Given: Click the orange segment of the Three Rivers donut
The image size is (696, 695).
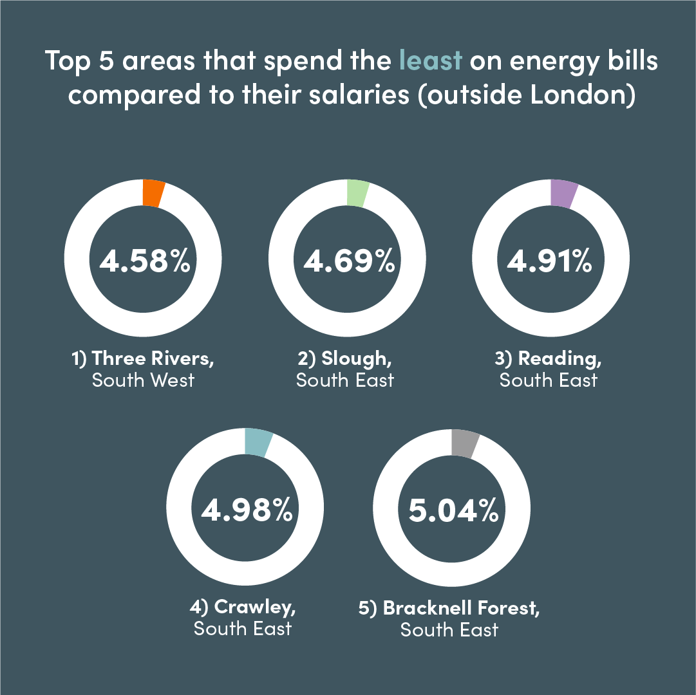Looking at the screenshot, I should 153,193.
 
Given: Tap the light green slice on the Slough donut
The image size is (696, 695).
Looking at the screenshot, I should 357,193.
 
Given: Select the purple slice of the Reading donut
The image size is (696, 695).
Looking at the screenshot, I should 563,194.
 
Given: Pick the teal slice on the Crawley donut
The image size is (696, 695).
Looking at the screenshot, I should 257,443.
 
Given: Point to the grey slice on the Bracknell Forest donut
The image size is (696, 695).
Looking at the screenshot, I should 464,443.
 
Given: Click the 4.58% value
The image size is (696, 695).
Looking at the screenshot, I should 144,261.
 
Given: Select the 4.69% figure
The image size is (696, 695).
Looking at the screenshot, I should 348,261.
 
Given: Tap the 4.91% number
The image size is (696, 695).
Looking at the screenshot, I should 549,261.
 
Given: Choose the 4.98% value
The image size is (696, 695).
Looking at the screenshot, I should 247,510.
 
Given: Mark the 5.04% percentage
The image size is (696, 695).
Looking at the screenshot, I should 453,510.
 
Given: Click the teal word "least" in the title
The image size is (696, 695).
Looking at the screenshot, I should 430,60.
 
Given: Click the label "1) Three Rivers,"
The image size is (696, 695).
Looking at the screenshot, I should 142,358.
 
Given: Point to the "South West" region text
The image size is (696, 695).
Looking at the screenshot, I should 143,380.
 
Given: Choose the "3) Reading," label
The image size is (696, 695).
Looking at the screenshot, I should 549,358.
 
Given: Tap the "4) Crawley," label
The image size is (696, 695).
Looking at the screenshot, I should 243,607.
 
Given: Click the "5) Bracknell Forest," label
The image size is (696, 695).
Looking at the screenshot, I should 449,607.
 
